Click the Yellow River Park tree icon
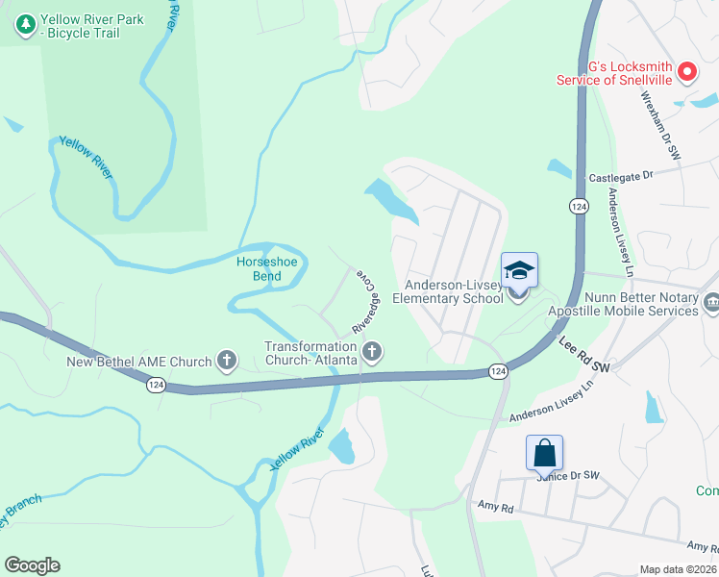(27, 26)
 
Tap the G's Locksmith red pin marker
(687, 70)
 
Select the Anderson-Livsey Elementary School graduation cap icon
(519, 270)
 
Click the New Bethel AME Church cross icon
(226, 362)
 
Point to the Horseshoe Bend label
(260, 269)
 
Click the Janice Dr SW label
(569, 476)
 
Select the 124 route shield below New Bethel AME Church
(155, 385)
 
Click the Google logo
(32, 565)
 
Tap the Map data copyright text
(678, 569)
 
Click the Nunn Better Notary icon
(711, 304)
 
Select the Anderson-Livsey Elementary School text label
(454, 291)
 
